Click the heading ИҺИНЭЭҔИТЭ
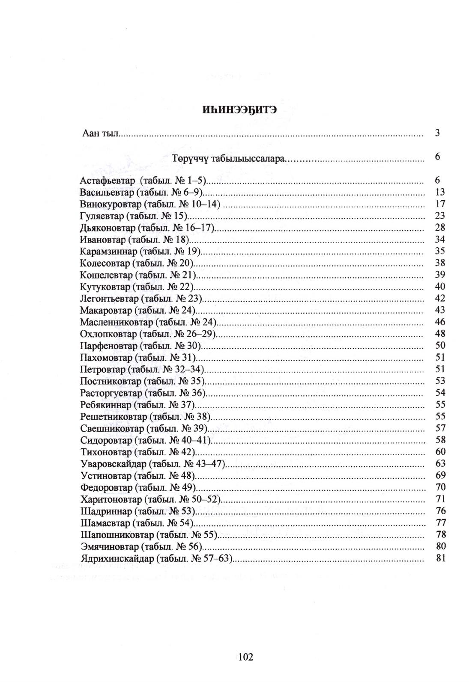239,110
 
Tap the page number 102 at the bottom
246,657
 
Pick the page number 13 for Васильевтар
440,192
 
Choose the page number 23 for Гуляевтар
440,216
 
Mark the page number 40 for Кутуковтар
440,287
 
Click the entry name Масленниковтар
116,322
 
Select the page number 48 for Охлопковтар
440,334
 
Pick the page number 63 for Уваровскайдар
440,463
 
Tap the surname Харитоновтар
111,499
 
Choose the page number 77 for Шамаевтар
440,523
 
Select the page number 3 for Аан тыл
437,133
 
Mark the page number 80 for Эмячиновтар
440,546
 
